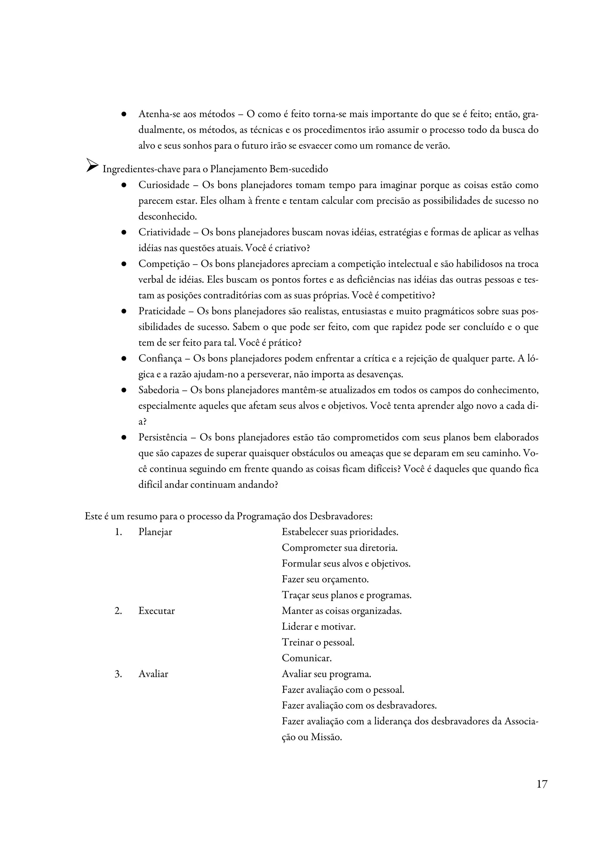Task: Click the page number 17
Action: (541, 784)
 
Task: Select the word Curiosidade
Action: (164, 185)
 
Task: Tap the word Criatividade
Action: (164, 233)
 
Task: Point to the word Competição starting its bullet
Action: (164, 264)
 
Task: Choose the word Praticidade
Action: (162, 311)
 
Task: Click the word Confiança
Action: (160, 359)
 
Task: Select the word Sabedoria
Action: (159, 390)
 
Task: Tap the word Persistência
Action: (163, 437)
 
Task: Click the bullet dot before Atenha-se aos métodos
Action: (123, 114)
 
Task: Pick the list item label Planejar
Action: (155, 532)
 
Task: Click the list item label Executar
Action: (156, 611)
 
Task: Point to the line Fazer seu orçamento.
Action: (325, 579)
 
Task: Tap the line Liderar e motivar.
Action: (318, 627)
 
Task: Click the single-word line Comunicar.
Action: (307, 658)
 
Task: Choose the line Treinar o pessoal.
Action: (318, 642)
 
